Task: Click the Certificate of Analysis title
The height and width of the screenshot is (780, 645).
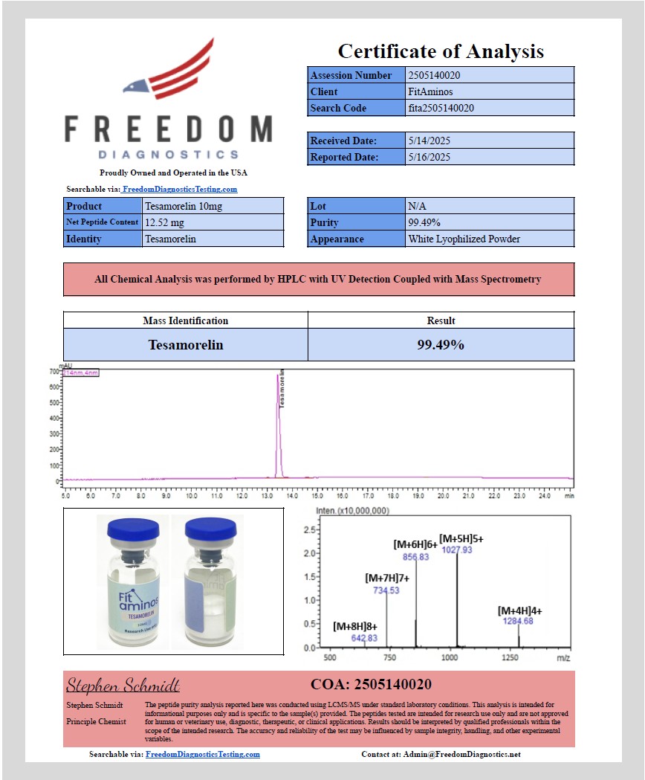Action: (x=441, y=51)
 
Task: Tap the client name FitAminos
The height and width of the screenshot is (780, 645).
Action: (x=430, y=91)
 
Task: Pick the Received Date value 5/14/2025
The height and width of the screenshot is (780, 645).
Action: (x=430, y=141)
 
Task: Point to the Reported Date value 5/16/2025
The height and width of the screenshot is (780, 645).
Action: (x=430, y=157)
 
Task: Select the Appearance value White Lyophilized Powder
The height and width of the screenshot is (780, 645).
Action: (x=464, y=239)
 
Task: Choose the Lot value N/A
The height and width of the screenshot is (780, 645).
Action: (x=416, y=206)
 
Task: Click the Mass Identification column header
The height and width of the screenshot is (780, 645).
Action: (x=186, y=320)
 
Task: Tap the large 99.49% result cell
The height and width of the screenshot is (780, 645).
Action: (x=441, y=345)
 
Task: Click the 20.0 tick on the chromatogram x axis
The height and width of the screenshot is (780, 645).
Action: (x=443, y=494)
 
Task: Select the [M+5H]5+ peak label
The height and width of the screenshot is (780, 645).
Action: (x=461, y=538)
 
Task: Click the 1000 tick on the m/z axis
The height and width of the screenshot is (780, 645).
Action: (x=450, y=658)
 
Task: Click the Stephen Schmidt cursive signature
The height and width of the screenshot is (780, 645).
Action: (x=123, y=685)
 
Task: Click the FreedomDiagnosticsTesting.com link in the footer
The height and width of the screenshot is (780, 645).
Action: (x=202, y=754)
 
